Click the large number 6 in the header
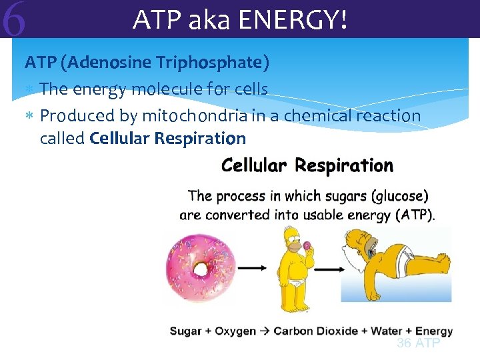14,20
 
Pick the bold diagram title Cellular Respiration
307,165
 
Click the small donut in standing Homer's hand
307,245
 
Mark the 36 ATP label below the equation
418,343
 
